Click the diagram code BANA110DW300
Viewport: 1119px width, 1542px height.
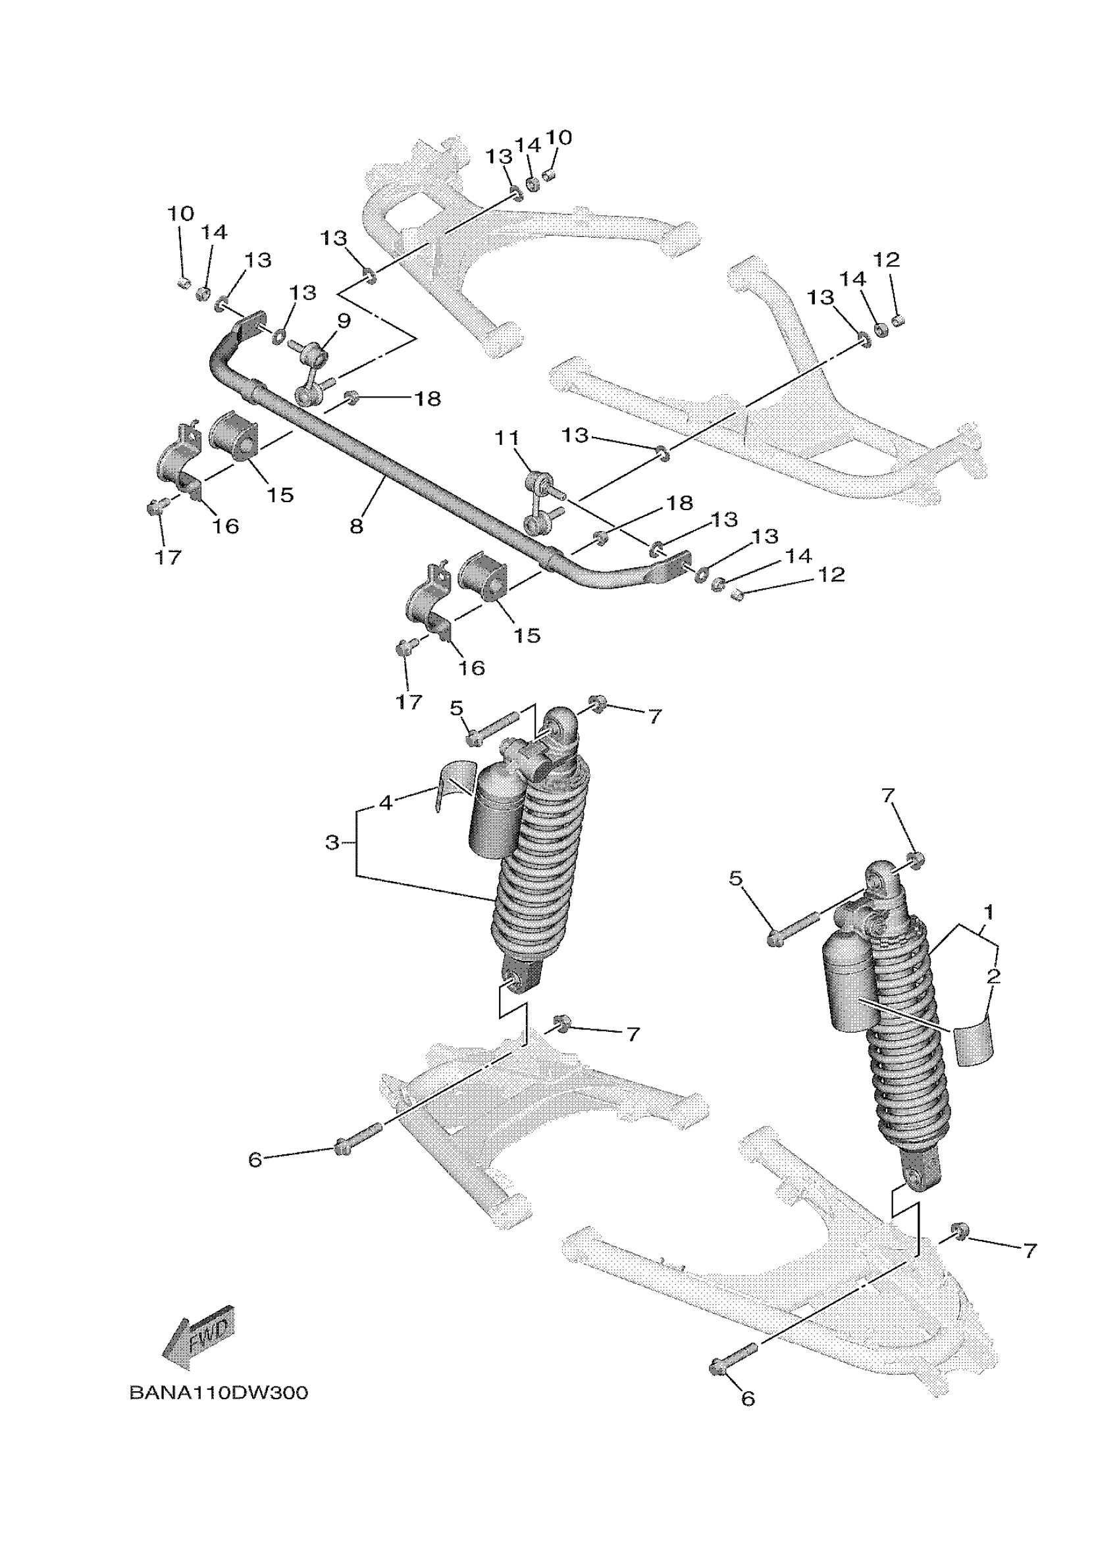(x=219, y=1393)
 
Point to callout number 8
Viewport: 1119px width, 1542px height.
(x=356, y=526)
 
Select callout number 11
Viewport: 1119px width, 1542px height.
(x=507, y=438)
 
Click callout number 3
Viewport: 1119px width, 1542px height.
(x=332, y=843)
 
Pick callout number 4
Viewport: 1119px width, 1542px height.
(x=386, y=802)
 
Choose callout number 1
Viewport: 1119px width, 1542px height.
(x=989, y=911)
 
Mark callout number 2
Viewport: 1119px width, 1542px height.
(x=993, y=976)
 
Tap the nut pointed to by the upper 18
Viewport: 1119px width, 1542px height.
(x=352, y=397)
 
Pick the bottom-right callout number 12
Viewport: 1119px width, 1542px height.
(x=830, y=575)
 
